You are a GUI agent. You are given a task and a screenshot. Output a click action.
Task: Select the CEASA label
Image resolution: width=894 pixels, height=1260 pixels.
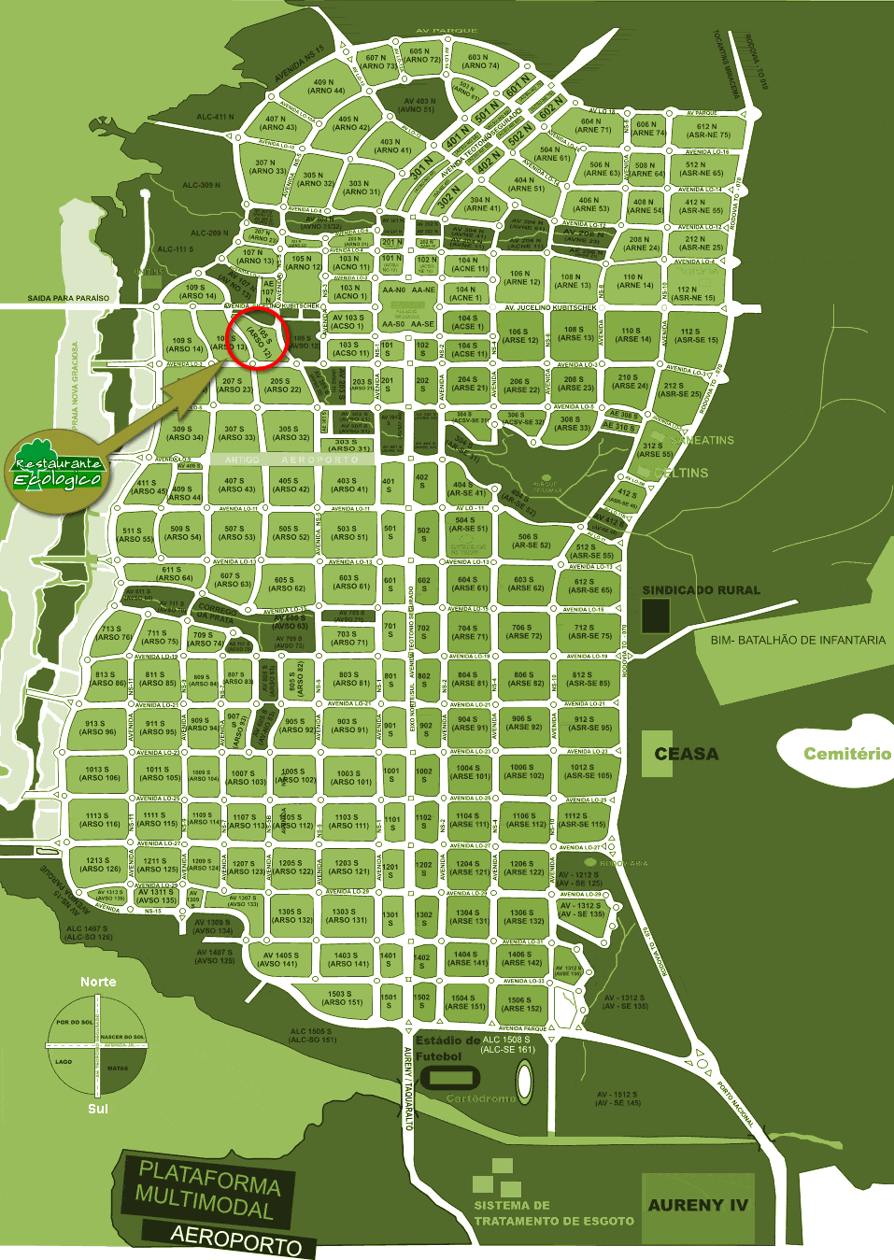click(686, 754)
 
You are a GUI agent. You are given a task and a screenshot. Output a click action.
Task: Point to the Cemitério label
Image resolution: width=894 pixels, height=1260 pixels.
click(846, 754)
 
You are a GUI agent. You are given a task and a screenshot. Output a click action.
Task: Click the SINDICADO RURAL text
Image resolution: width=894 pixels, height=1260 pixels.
click(701, 590)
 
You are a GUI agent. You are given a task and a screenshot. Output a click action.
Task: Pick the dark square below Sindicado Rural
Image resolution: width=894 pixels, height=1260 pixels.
click(656, 616)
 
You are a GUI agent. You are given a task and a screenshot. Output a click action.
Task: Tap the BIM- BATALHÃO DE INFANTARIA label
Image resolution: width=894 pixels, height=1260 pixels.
click(798, 640)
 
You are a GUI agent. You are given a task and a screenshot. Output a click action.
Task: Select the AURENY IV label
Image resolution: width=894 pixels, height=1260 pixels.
click(698, 1205)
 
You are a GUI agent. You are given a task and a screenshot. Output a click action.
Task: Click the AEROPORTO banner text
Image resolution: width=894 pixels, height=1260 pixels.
click(236, 1238)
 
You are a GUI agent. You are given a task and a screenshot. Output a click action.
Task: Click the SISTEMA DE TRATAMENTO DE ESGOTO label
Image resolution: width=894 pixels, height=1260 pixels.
click(553, 1213)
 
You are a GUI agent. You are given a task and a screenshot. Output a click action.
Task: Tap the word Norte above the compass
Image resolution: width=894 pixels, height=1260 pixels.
click(98, 982)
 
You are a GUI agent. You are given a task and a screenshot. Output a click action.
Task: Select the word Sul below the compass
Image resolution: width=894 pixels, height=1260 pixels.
click(98, 1109)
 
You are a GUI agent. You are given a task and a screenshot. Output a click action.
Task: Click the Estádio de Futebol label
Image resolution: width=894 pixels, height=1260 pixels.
click(447, 1048)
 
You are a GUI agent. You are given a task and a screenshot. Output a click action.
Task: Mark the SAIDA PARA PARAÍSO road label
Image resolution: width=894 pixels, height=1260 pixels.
click(68, 298)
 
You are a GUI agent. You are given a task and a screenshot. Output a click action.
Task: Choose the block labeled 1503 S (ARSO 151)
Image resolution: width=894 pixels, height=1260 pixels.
click(341, 998)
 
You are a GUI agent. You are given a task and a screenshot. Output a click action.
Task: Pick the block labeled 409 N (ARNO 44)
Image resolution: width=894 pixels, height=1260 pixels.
click(326, 87)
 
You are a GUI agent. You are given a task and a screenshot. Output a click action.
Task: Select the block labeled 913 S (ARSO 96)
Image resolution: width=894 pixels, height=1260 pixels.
click(95, 728)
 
